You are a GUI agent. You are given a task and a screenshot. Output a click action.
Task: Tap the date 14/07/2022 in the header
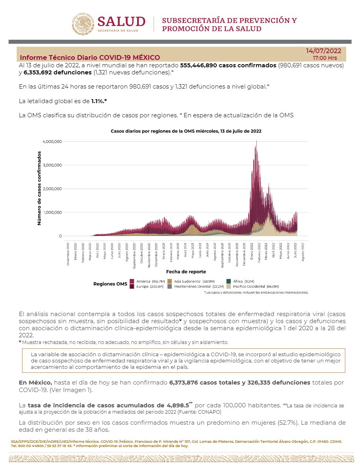tap(323, 51)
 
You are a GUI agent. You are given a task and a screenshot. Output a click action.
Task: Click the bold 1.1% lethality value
tap(99, 101)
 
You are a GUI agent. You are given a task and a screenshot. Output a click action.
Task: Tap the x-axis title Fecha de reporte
tap(186, 272)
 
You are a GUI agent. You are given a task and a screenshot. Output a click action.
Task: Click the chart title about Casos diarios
tap(186, 131)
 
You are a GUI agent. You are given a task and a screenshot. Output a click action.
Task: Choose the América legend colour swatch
tap(132, 281)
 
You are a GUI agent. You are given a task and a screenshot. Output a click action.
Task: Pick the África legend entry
tap(240, 281)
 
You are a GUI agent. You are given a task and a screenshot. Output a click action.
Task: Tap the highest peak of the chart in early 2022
tap(256, 142)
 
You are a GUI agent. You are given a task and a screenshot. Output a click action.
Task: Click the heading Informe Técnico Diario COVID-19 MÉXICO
tap(90, 57)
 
